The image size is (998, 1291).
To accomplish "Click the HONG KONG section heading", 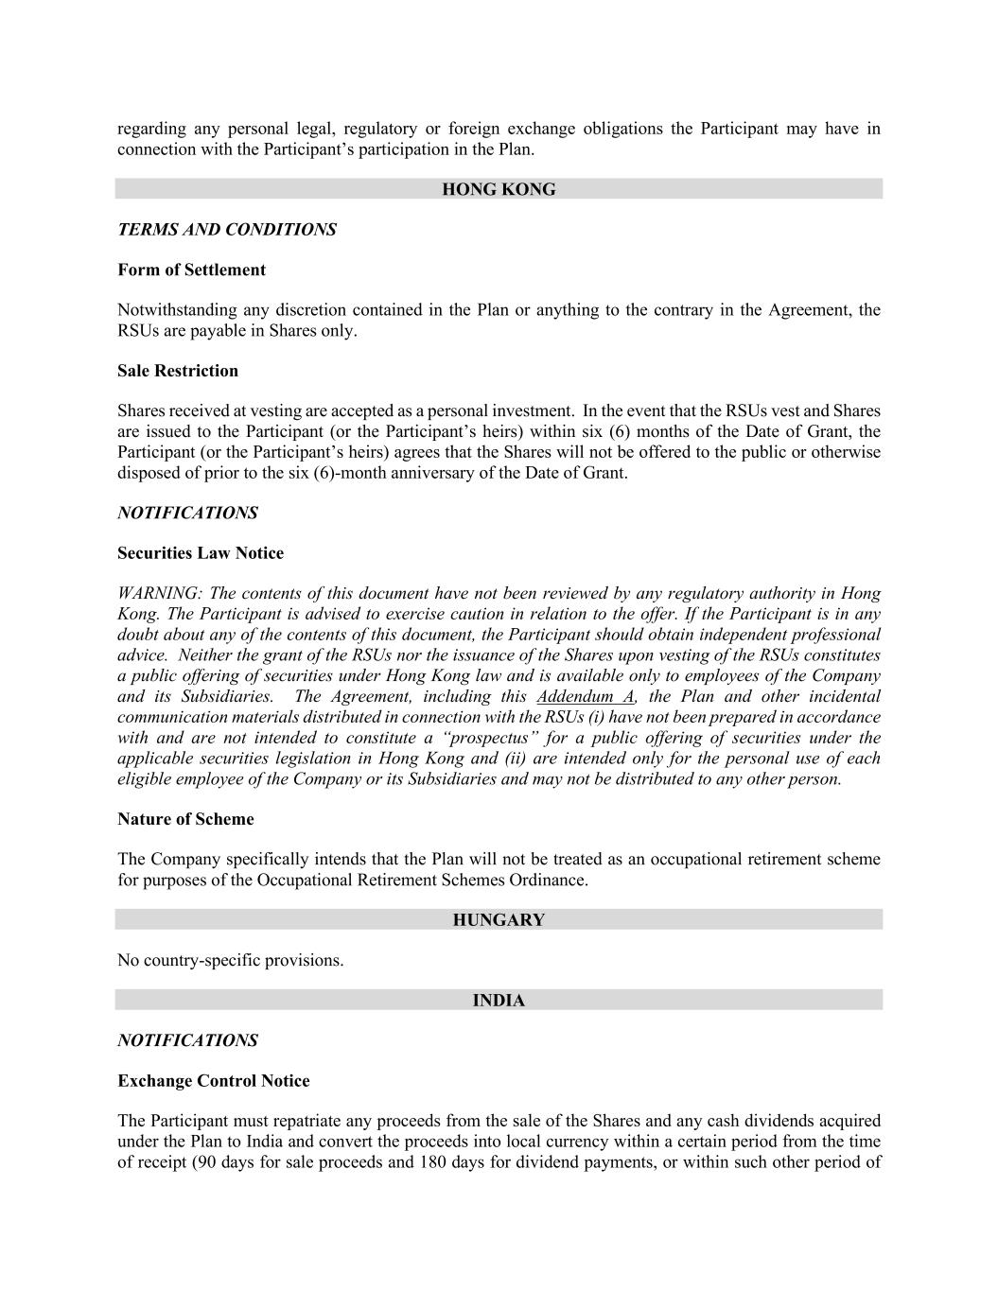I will (x=499, y=189).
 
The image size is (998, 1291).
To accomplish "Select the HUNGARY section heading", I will (x=499, y=920).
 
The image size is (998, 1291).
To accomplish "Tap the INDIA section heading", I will (x=499, y=1001).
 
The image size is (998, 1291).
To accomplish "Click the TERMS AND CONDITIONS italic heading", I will (x=227, y=230).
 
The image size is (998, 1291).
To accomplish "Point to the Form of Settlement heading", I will (x=191, y=270).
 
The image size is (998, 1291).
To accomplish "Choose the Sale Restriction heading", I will (x=178, y=371).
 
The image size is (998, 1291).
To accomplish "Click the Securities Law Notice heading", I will (x=201, y=553).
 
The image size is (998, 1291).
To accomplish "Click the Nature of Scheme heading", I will (x=185, y=819).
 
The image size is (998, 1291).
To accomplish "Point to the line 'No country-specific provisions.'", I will (x=231, y=961).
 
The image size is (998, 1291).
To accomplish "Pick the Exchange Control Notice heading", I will (x=214, y=1081).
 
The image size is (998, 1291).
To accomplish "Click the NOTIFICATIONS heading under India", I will (x=187, y=1041).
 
